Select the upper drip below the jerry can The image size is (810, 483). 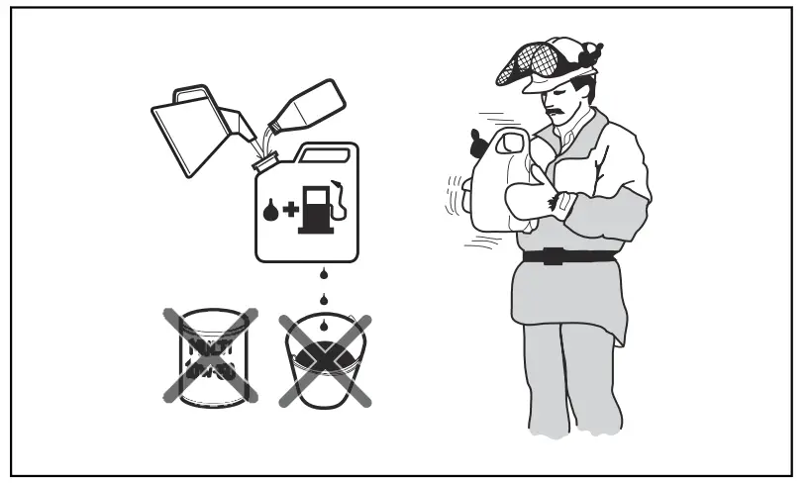click(x=322, y=273)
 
